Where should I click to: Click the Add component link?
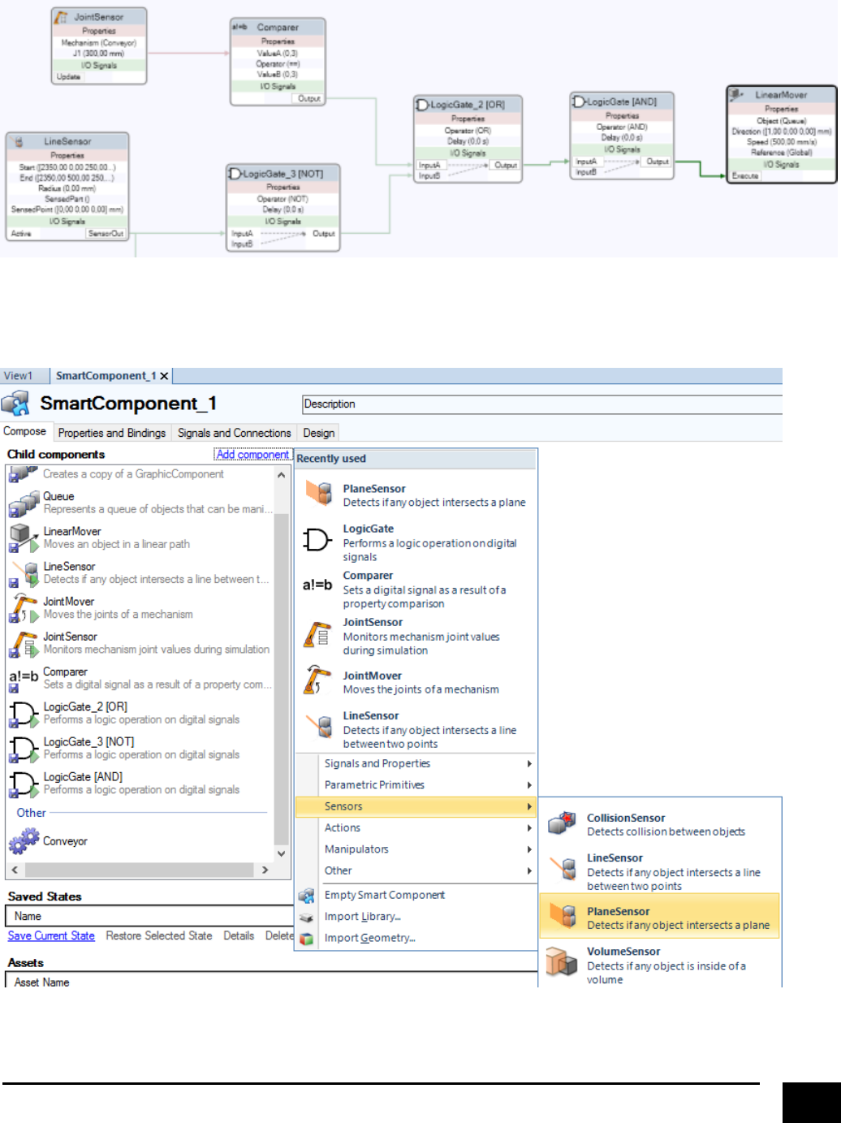(x=252, y=455)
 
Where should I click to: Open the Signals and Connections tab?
(x=234, y=433)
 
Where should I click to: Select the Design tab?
(x=318, y=433)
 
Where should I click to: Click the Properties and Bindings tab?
(x=112, y=433)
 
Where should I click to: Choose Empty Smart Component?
(x=384, y=895)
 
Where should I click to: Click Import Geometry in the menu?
(x=369, y=938)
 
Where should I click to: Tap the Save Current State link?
(x=51, y=935)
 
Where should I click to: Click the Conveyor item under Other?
(x=65, y=841)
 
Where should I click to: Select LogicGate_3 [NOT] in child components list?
(x=89, y=742)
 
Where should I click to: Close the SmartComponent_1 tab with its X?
(x=164, y=376)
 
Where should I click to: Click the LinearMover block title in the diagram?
(x=781, y=95)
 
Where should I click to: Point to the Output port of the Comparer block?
(x=309, y=98)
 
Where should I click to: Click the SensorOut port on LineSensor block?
(x=106, y=233)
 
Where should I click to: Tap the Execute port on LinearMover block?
(x=745, y=175)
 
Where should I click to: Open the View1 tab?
(x=19, y=376)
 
